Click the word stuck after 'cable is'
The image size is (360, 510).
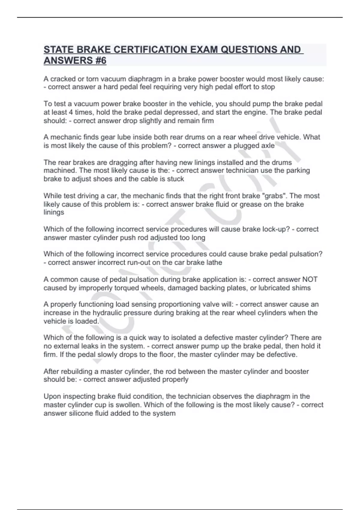click(175, 179)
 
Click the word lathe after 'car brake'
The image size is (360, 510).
click(213, 262)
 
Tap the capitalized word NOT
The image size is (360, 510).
click(310, 279)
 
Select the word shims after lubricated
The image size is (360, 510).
click(301, 288)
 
